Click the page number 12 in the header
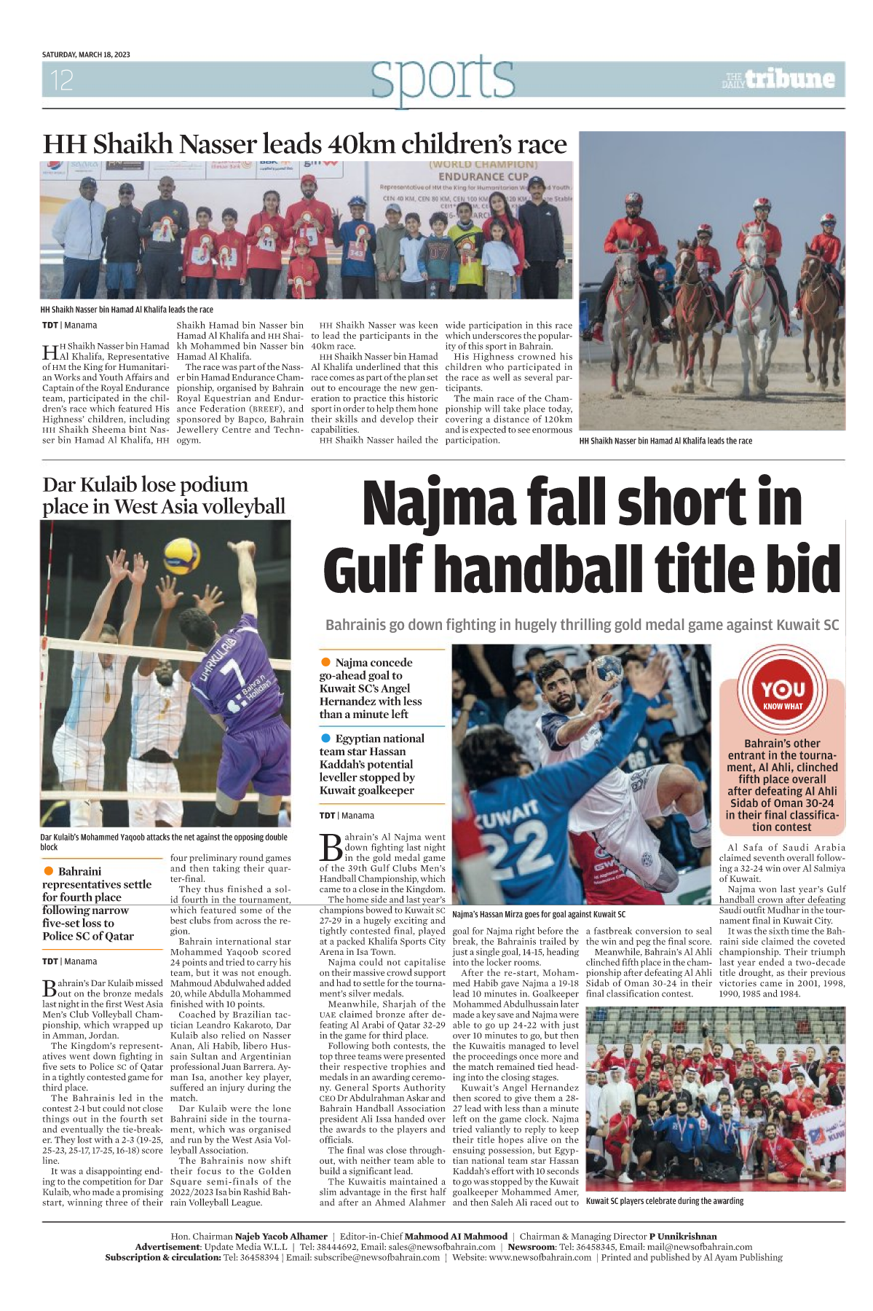pos(61,80)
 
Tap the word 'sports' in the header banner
pos(442,79)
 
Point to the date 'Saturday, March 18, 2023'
pos(86,55)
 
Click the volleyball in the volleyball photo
pos(182,557)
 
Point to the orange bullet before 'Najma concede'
pos(325,662)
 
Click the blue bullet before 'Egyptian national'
pos(325,738)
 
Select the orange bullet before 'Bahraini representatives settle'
pos(49,871)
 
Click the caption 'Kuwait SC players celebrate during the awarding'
pos(665,1201)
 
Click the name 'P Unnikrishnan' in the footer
pos(683,1236)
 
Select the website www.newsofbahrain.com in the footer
pos(540,1257)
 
